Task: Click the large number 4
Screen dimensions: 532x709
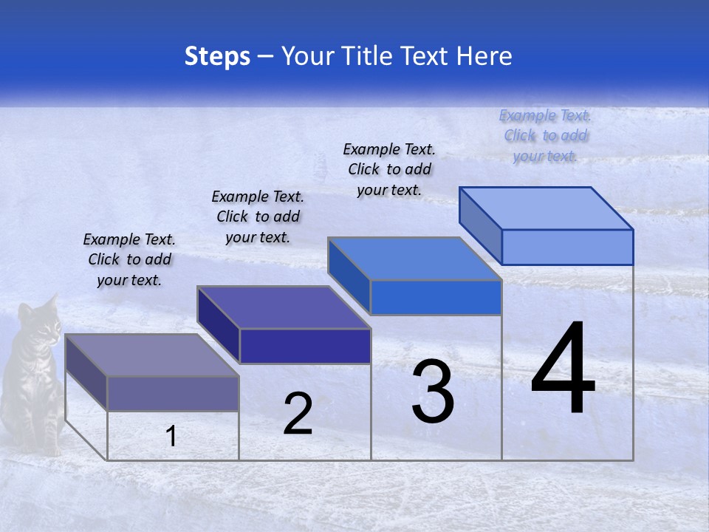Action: [x=563, y=369]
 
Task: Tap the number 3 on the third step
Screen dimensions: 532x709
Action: [x=433, y=392]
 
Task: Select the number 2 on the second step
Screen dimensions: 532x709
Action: [x=298, y=414]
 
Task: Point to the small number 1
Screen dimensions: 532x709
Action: [x=171, y=437]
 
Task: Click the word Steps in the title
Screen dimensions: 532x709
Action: [x=217, y=56]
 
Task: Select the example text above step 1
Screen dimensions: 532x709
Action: [x=129, y=259]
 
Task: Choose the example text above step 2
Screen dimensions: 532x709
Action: [x=258, y=216]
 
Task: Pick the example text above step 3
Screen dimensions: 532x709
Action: [x=389, y=169]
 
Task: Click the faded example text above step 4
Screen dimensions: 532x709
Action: [x=545, y=135]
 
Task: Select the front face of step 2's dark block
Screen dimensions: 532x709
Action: [x=305, y=346]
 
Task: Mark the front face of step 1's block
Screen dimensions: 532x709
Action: [x=173, y=393]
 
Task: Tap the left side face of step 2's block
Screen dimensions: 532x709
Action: [x=219, y=325]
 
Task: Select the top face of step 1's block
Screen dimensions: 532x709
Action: [x=151, y=355]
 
